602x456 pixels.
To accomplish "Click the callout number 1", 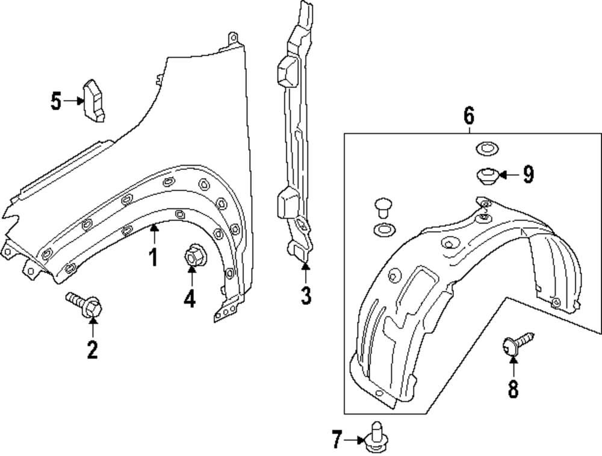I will (154, 257).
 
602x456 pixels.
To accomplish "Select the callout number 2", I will (92, 349).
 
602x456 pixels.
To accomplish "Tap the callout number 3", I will (306, 295).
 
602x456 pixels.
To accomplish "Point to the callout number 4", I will (190, 298).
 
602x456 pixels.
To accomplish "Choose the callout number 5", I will (56, 101).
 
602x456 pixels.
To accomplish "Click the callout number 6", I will (469, 114).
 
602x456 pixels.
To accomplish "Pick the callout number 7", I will (337, 440).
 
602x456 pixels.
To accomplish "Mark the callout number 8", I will (513, 389).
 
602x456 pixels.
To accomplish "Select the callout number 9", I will (528, 175).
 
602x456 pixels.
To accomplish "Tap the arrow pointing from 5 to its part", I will (73, 101).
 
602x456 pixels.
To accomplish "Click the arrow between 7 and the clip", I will (354, 440).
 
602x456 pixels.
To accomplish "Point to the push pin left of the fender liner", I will (381, 208).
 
